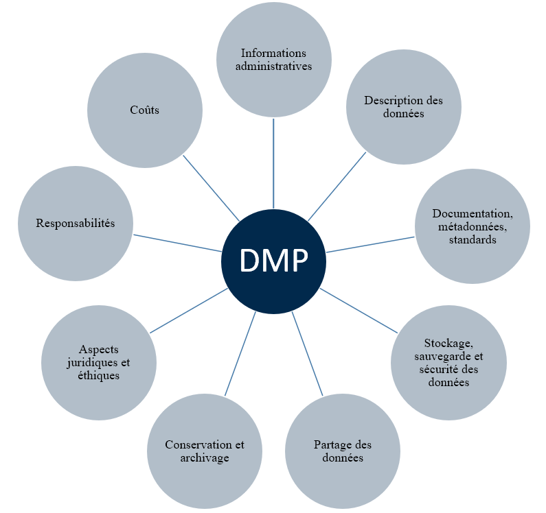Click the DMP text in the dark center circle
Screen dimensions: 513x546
[x=273, y=261]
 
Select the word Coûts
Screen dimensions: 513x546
[x=144, y=110]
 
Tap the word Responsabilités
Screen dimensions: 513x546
[x=75, y=224]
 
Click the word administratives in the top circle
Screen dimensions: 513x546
[x=273, y=67]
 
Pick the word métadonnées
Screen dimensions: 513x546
[x=472, y=227]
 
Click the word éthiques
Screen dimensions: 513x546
[x=99, y=376]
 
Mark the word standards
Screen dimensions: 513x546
[x=472, y=240]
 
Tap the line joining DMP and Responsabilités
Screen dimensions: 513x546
[x=177, y=243]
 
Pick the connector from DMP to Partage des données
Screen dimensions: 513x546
[x=308, y=354]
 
